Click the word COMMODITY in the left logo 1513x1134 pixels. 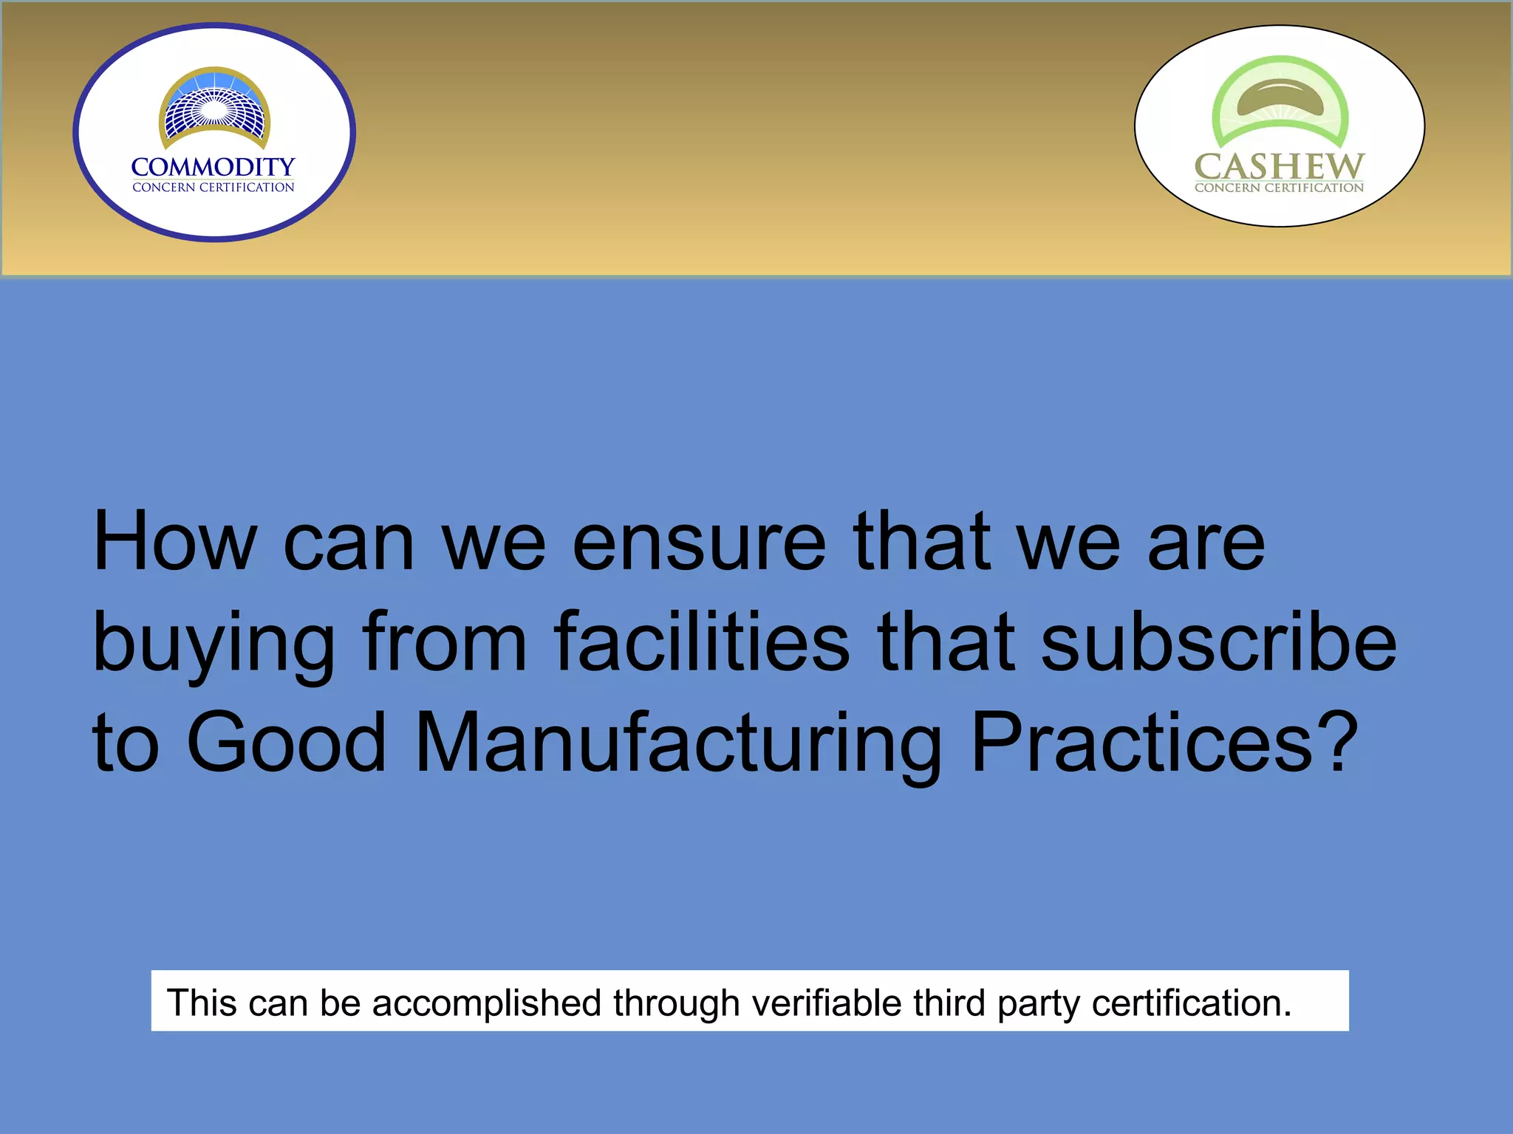(213, 167)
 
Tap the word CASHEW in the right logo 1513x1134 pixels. (1279, 166)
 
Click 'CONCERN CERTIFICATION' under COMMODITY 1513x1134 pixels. (213, 188)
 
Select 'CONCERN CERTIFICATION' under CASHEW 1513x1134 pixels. (1279, 188)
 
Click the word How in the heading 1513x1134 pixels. (174, 543)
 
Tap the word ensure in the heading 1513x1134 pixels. (698, 543)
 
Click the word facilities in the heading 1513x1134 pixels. (701, 642)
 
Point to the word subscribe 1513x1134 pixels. (1218, 642)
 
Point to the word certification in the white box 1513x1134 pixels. (1191, 1003)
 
